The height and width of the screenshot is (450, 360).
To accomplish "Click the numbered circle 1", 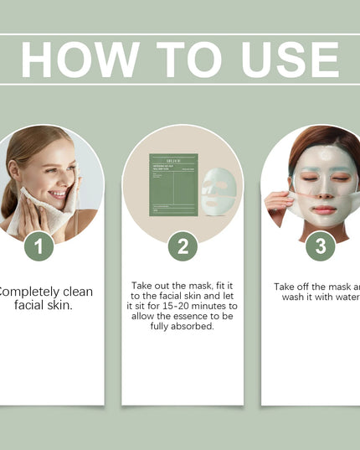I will point(39,246).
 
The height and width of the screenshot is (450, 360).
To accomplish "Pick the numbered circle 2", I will point(183,246).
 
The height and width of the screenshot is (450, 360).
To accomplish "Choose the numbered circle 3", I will point(320,246).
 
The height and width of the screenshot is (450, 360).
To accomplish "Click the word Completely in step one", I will point(45,292).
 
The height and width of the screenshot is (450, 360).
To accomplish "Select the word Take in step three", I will point(288,287).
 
